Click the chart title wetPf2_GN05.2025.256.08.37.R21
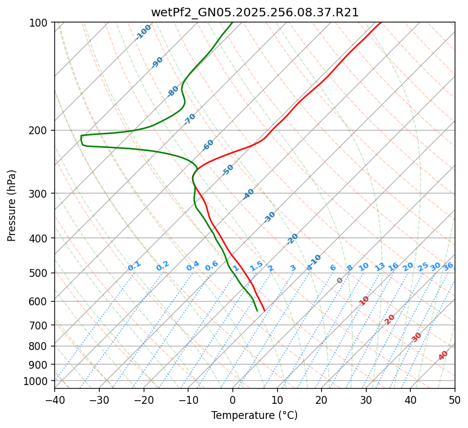click(254, 13)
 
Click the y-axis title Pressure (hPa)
click(12, 205)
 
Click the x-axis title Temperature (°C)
click(254, 416)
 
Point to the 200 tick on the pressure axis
click(40, 131)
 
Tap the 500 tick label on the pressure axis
click(40, 273)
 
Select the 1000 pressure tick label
click(38, 381)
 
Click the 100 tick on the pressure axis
click(40, 23)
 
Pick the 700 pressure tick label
click(40, 325)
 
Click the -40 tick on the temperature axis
click(54, 400)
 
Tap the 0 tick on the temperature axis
click(232, 400)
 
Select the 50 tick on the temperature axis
click(455, 400)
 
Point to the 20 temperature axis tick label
click(321, 400)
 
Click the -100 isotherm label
click(143, 32)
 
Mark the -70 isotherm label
click(190, 119)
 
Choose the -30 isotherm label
click(269, 217)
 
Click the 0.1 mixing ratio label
click(134, 265)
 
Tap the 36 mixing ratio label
click(448, 266)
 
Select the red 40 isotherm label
click(443, 355)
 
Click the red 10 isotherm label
click(364, 300)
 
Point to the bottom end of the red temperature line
click(264, 311)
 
